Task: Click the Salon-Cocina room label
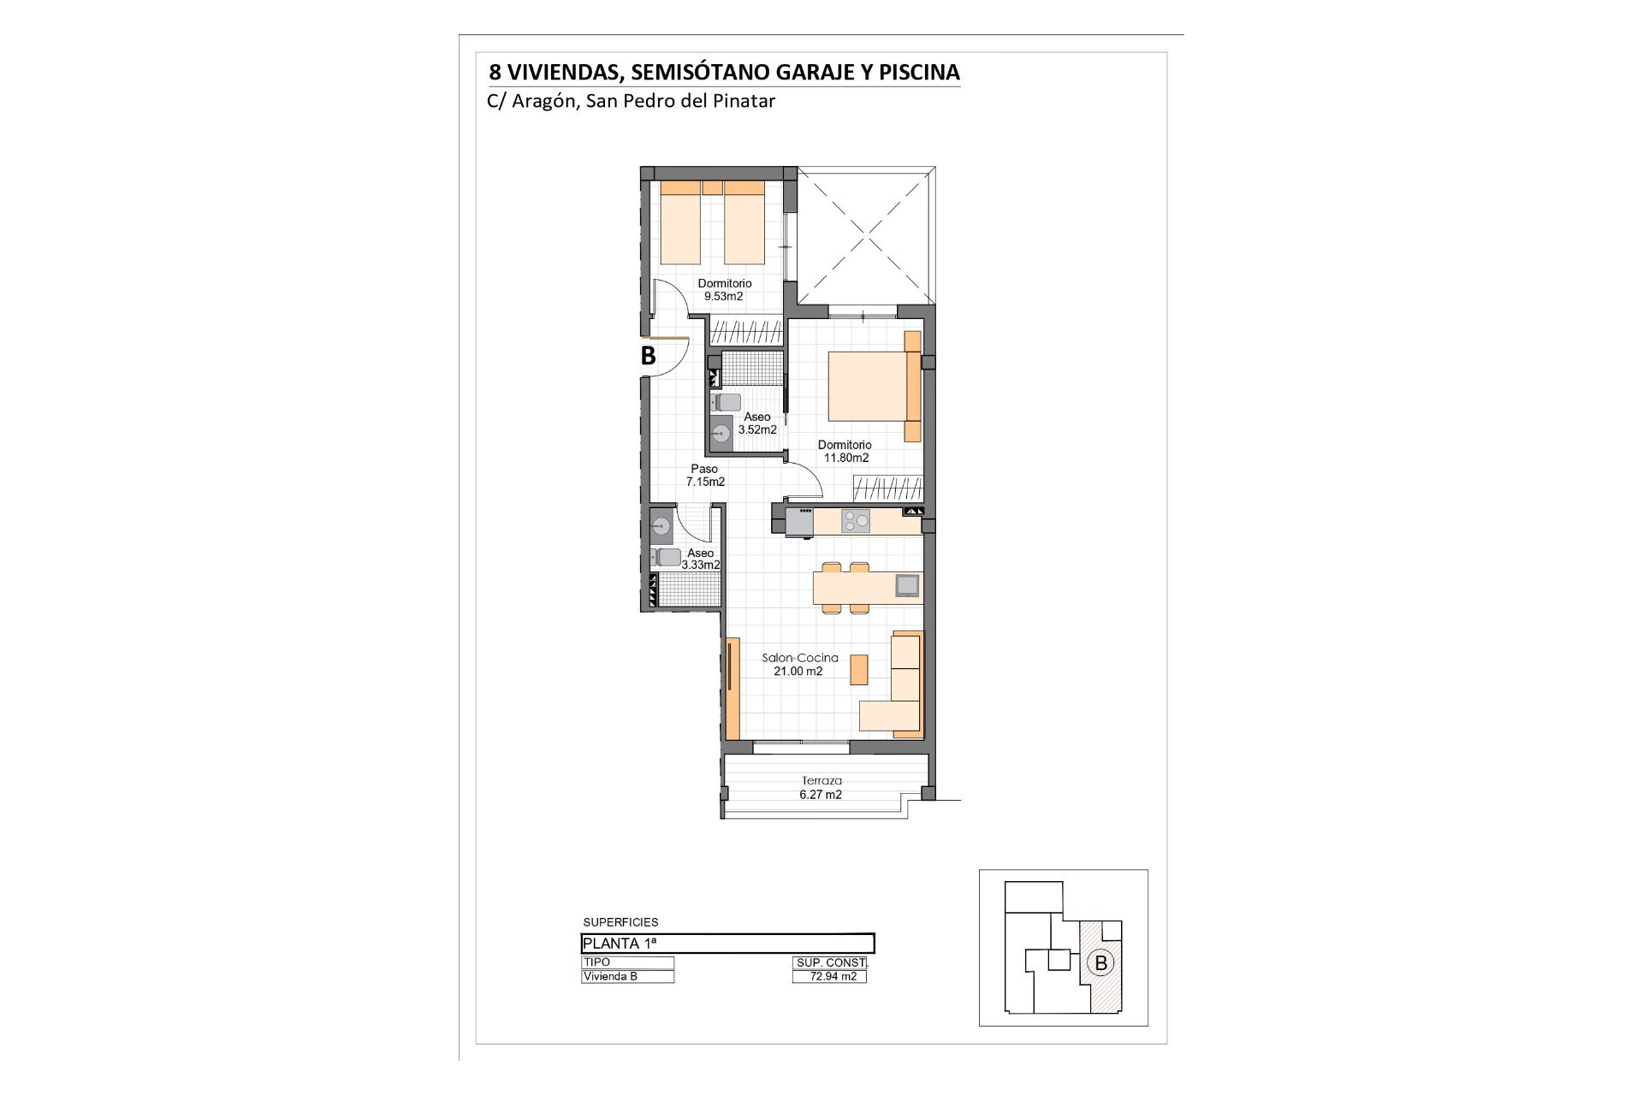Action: [x=800, y=658]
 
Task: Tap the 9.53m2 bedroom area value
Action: [x=723, y=297]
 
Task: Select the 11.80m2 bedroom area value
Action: [x=846, y=458]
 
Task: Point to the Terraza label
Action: [x=821, y=780]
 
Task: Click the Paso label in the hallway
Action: [x=704, y=469]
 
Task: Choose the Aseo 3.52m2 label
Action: [x=757, y=423]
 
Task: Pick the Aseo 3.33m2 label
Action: [x=701, y=559]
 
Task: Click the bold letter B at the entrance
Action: [x=649, y=355]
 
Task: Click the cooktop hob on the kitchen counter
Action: [x=856, y=521]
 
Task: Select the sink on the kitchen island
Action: [x=907, y=585]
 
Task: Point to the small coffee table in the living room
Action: [x=858, y=669]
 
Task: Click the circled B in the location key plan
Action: [x=1101, y=963]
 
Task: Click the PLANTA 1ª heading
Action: [x=620, y=944]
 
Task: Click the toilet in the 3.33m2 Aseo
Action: [x=667, y=557]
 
